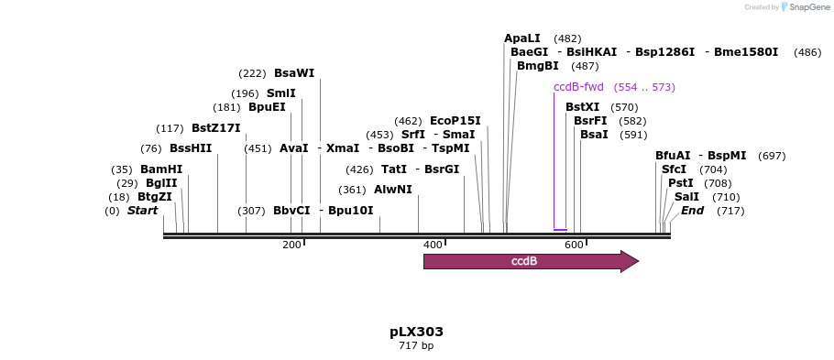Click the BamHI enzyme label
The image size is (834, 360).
(161, 169)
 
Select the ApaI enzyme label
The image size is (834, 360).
(522, 38)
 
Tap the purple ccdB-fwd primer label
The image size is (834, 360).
(578, 87)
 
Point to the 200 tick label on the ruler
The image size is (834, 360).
(291, 245)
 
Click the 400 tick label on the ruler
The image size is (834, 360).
(433, 245)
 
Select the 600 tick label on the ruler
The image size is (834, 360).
(574, 245)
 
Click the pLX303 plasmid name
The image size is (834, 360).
(416, 332)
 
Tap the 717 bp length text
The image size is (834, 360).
(416, 346)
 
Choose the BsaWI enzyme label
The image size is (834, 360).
(294, 73)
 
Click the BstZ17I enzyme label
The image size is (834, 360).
(216, 128)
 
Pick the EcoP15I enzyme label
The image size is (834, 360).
(455, 121)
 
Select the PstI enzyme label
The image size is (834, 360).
(681, 183)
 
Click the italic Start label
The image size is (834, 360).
(142, 211)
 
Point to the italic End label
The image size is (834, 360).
(692, 211)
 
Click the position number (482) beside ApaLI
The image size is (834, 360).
(567, 38)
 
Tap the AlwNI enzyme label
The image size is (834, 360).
(393, 190)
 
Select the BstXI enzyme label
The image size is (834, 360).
(582, 107)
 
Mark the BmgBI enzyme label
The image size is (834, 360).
(538, 66)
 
